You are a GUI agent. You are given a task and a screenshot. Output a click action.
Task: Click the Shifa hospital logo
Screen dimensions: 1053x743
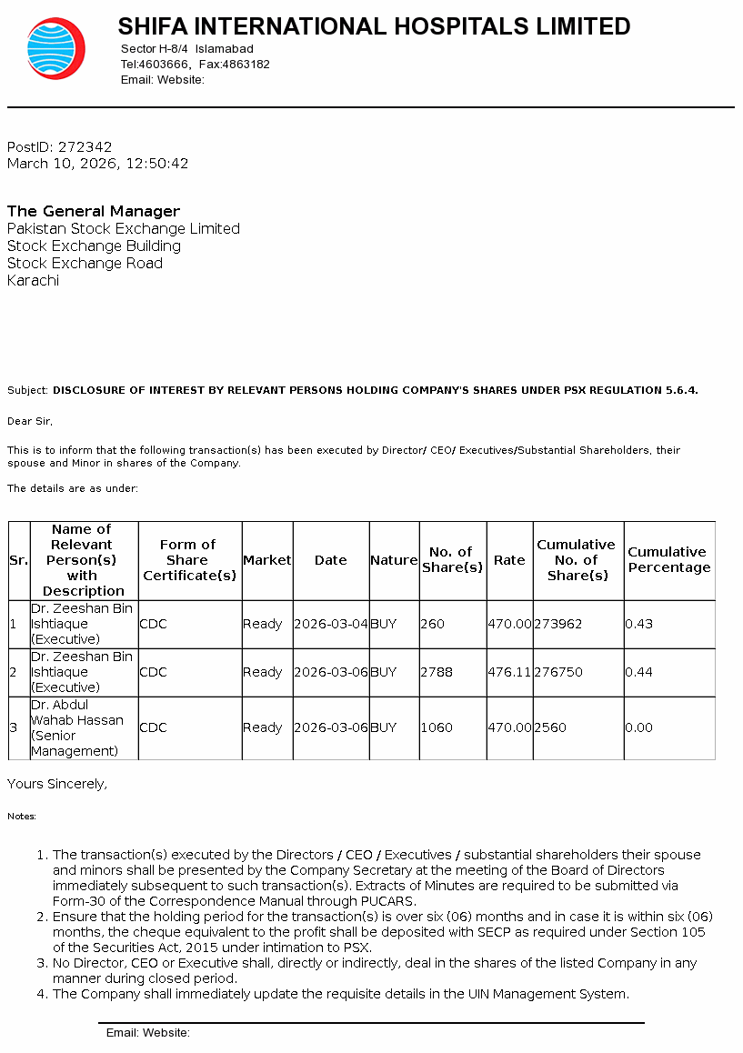pyautogui.click(x=55, y=49)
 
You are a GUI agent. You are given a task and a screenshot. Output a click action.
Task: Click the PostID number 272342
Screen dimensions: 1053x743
pyautogui.click(x=85, y=146)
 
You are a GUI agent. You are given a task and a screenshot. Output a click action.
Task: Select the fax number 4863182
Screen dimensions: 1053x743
pyautogui.click(x=246, y=65)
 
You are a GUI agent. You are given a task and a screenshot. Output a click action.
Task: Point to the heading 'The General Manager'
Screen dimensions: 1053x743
pyautogui.click(x=94, y=211)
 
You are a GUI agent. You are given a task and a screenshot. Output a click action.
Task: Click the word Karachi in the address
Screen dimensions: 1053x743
pyautogui.click(x=33, y=280)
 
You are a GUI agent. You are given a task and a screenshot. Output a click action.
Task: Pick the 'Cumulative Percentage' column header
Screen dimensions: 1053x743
pyautogui.click(x=668, y=559)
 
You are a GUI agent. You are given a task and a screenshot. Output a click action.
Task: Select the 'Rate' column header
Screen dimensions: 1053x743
pyautogui.click(x=509, y=560)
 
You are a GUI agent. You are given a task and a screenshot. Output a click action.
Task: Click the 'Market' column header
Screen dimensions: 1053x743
pyautogui.click(x=266, y=560)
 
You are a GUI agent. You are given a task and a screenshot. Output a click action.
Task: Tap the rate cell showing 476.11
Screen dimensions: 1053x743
pyautogui.click(x=509, y=672)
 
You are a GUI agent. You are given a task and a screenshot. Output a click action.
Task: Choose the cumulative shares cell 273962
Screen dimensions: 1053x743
pyautogui.click(x=557, y=624)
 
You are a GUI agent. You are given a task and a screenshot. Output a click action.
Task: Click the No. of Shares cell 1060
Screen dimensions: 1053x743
pyautogui.click(x=437, y=727)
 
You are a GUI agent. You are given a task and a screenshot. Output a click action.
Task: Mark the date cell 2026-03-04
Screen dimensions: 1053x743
pyautogui.click(x=331, y=624)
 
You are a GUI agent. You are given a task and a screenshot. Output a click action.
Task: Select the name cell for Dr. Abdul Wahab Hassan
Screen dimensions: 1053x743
pyautogui.click(x=83, y=727)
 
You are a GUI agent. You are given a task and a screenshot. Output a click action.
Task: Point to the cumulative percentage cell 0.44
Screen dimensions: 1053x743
pyautogui.click(x=638, y=672)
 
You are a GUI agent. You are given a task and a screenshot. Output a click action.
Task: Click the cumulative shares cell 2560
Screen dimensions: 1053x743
pyautogui.click(x=550, y=727)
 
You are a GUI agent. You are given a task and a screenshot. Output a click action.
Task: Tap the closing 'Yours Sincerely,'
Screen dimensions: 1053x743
pyautogui.click(x=57, y=783)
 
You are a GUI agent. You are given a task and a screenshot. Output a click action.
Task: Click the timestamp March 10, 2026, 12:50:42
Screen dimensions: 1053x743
pyautogui.click(x=98, y=164)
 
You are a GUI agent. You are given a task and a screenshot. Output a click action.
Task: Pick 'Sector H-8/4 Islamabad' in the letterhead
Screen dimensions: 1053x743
pyautogui.click(x=187, y=48)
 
